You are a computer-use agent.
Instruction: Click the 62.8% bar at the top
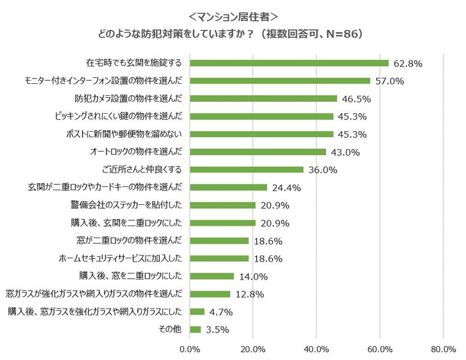(x=289, y=63)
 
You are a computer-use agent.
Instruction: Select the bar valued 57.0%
(x=280, y=81)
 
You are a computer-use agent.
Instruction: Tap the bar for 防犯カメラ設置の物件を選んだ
(x=264, y=98)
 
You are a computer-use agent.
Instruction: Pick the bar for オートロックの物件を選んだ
(x=258, y=152)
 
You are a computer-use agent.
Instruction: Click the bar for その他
(x=196, y=329)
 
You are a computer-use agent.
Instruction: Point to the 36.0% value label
(x=322, y=170)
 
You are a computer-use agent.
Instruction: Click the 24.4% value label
(x=286, y=188)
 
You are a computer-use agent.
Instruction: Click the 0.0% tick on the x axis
(x=190, y=348)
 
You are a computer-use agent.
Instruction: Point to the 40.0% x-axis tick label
(x=317, y=348)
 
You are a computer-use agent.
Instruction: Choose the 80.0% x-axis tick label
(x=443, y=348)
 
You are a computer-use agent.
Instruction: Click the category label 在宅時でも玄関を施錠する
(x=133, y=63)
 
